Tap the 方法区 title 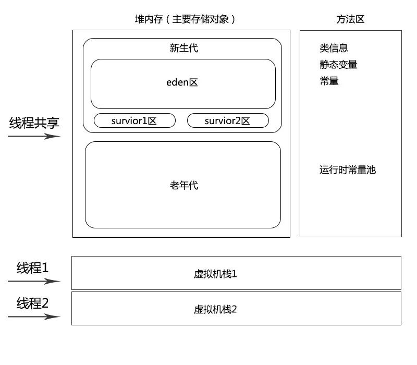350,20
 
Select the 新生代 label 183,48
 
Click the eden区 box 183,83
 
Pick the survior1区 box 134,121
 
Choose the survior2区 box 228,121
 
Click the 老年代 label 183,185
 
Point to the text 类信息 334,48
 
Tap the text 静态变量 338,65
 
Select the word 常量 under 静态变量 329,81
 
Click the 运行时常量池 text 348,170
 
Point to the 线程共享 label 34,123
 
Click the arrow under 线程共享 34,137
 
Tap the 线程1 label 32,269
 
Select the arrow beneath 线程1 34,282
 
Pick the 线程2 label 32,303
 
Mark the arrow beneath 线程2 34,317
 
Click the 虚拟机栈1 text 215,274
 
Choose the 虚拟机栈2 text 215,309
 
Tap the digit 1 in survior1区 144,121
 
